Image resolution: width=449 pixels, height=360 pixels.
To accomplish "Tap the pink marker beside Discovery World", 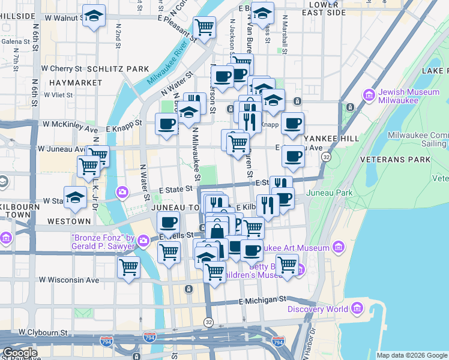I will click(x=358, y=309).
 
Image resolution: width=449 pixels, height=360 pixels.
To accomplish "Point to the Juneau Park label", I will click(x=329, y=193).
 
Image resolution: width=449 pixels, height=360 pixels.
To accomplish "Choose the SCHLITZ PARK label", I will click(x=118, y=69).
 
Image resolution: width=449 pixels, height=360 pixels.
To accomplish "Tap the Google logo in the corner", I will click(x=19, y=353).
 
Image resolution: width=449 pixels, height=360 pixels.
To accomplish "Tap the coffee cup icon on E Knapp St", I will click(x=166, y=124).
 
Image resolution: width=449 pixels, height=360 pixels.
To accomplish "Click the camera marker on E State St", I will click(x=122, y=192).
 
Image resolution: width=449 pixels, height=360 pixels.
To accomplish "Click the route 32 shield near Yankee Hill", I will click(x=326, y=157).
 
